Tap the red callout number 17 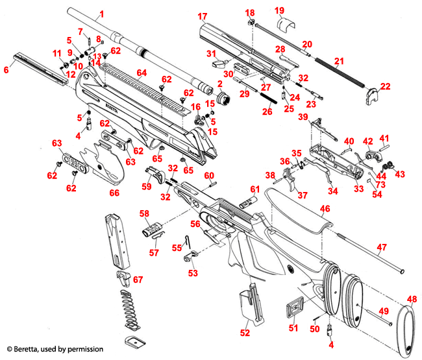(x=203, y=16)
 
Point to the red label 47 (x=381, y=247)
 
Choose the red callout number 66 (x=114, y=193)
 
